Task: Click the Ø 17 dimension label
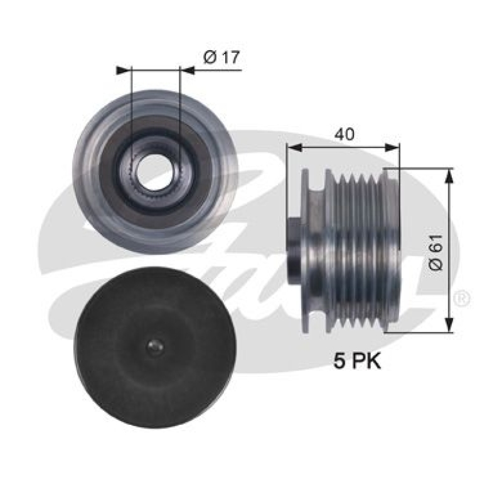pos(222,58)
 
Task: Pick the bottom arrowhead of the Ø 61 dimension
pos(448,326)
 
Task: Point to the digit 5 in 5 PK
pos(339,362)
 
